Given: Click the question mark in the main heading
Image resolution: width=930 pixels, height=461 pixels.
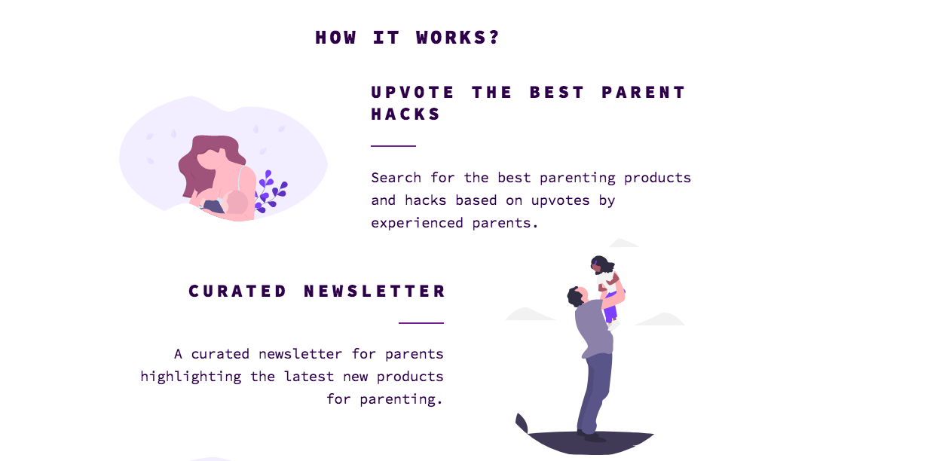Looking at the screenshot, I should pyautogui.click(x=494, y=38).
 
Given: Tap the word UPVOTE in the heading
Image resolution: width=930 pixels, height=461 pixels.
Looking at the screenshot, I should pyautogui.click(x=413, y=93).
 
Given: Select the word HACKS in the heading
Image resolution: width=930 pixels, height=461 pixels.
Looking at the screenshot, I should pyautogui.click(x=405, y=114).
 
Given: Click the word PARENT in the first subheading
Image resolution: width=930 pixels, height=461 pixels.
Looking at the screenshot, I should pyautogui.click(x=644, y=93).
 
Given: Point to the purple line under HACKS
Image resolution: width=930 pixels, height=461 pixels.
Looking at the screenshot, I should pyautogui.click(x=393, y=145).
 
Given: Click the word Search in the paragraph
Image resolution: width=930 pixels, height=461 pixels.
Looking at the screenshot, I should pyautogui.click(x=396, y=178).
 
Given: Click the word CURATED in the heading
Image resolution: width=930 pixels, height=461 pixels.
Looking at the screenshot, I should pyautogui.click(x=238, y=292).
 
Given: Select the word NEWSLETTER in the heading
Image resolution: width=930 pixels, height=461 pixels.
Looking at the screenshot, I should pyautogui.click(x=375, y=292).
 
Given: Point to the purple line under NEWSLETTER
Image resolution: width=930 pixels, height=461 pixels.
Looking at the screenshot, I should pyautogui.click(x=421, y=322).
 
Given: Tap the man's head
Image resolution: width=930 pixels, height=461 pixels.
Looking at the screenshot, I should pyautogui.click(x=576, y=296).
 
